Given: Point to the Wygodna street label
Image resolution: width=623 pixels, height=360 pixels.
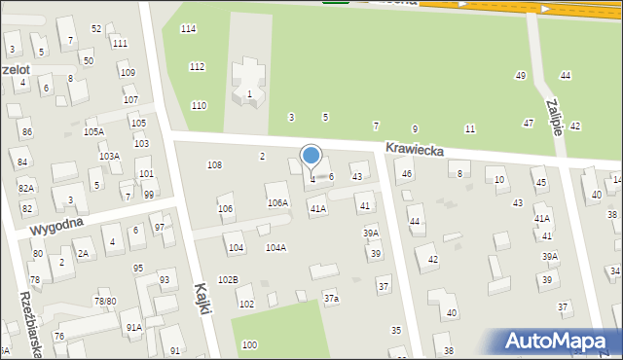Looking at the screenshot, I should pos(56,227).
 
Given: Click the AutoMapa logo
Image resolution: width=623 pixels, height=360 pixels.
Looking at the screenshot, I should pos(557,341).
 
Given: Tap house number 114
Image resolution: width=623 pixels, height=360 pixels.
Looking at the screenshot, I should pos(189,29).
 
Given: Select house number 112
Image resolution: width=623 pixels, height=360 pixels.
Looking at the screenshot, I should pos(197,66).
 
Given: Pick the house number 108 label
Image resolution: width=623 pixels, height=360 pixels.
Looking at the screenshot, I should pos(214,165).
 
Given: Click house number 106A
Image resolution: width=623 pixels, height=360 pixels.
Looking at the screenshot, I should pos(277,202).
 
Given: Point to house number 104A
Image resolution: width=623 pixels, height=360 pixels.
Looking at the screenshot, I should pos(275,247).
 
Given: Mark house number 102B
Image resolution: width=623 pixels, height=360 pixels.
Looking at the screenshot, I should pos(228,279).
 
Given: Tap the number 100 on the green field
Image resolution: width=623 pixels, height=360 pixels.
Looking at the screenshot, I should pos(249,344).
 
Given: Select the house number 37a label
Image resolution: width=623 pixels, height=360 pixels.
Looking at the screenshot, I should pos(331,298).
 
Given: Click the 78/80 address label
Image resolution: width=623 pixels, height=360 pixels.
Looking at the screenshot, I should pos(104,302).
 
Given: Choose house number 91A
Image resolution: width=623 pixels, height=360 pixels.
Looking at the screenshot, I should pos(133,327).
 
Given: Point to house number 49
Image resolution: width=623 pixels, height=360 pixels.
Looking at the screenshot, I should pos(521,76).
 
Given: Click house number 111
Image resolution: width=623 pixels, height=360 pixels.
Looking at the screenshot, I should pos(120,44).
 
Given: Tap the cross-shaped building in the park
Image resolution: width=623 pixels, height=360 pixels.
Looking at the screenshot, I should pos(247,82).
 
